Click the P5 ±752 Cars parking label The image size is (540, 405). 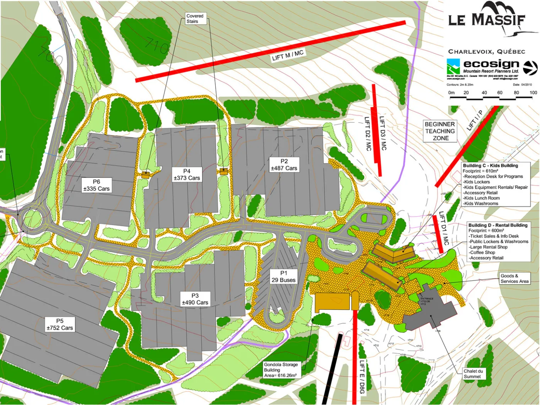click(59, 324)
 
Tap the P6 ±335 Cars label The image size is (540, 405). click(96, 185)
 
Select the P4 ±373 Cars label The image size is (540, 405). click(187, 174)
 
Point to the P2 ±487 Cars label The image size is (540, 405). click(284, 165)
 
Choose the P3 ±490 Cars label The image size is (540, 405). click(195, 299)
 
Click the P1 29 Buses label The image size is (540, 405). click(283, 277)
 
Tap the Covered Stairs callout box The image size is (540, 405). click(195, 19)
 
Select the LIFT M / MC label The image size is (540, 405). click(288, 55)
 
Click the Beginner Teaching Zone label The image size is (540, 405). click(440, 131)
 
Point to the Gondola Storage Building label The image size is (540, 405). click(280, 370)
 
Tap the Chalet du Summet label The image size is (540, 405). click(473, 374)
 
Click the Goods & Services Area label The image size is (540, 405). click(514, 278)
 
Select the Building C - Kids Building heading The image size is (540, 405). click(490, 165)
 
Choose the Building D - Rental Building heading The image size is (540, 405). click(498, 225)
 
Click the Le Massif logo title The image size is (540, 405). click(487, 19)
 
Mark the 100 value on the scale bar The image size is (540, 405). click(533, 93)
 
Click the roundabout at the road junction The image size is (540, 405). click(33, 219)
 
